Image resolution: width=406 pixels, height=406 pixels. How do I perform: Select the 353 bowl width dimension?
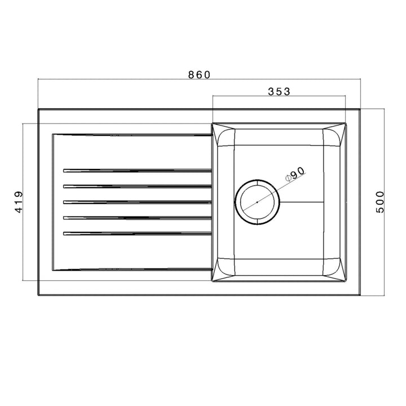pos(279,91)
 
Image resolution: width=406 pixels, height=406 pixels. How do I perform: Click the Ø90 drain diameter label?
pos(295,174)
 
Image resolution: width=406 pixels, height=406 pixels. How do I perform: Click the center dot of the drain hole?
pos(257,201)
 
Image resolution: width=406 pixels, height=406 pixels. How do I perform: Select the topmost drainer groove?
pos(135,169)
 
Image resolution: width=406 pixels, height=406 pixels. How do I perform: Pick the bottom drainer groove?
pos(135,233)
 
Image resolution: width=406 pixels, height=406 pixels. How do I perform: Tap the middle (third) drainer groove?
pos(135,201)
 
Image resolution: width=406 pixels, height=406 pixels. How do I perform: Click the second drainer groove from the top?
pos(135,185)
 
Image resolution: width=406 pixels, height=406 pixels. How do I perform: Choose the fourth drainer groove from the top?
pos(135,217)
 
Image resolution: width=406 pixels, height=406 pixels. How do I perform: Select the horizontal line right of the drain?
pos(302,201)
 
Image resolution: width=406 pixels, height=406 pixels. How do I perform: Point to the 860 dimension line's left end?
pos(38,81)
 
